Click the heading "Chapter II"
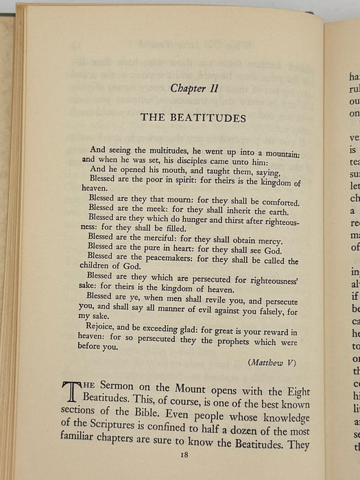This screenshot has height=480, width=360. (193, 86)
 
